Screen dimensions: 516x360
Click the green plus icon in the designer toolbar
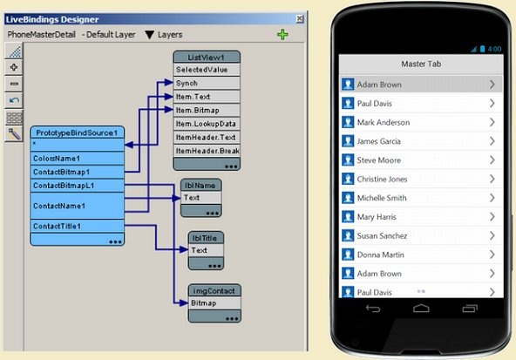pyautogui.click(x=282, y=34)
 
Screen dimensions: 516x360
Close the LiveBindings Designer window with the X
pyautogui.click(x=300, y=19)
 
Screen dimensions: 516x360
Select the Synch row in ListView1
pyautogui.click(x=207, y=84)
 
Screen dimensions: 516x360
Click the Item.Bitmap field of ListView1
pyautogui.click(x=207, y=110)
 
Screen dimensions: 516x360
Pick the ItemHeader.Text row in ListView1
pyautogui.click(x=207, y=137)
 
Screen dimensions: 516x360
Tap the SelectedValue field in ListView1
pyautogui.click(x=207, y=70)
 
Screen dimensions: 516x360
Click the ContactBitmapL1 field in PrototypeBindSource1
pyautogui.click(x=78, y=186)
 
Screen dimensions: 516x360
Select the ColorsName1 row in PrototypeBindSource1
pyautogui.click(x=78, y=159)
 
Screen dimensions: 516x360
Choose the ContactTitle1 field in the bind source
pyautogui.click(x=78, y=226)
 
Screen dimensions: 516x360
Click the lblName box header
pyautogui.click(x=201, y=186)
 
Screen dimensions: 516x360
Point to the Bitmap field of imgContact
pyautogui.click(x=214, y=303)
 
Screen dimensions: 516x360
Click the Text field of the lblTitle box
pyautogui.click(x=206, y=250)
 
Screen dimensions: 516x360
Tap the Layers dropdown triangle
pyautogui.click(x=149, y=35)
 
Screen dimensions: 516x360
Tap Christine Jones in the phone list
pyautogui.click(x=382, y=179)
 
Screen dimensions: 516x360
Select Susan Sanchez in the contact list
pyautogui.click(x=382, y=235)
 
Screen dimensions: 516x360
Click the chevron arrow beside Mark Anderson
pyautogui.click(x=492, y=122)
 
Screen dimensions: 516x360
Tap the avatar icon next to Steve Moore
pyautogui.click(x=348, y=160)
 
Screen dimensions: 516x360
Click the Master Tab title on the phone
pyautogui.click(x=421, y=64)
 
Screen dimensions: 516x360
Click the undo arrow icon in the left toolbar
pyautogui.click(x=14, y=100)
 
